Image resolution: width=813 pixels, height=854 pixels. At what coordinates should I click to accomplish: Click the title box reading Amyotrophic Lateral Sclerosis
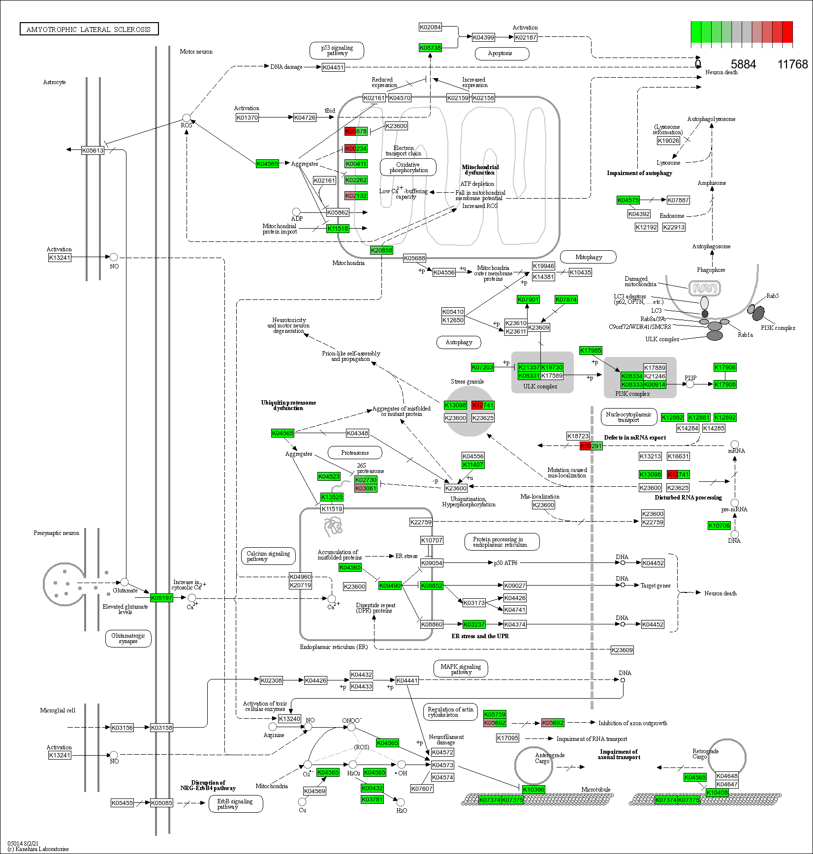pyautogui.click(x=89, y=29)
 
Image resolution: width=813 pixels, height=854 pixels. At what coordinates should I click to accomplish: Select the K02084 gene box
pyautogui.click(x=430, y=27)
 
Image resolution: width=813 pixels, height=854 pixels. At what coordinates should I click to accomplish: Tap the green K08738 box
pyautogui.click(x=430, y=48)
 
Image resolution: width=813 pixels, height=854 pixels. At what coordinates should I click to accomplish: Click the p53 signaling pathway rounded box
pyautogui.click(x=337, y=50)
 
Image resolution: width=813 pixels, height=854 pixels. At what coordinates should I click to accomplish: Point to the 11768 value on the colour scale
pyautogui.click(x=792, y=64)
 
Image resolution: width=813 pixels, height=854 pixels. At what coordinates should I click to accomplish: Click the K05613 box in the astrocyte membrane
pyautogui.click(x=93, y=150)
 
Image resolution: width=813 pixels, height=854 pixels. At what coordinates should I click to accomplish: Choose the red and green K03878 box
pyautogui.click(x=356, y=131)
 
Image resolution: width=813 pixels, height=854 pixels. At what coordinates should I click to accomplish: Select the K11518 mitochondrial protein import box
pyautogui.click(x=338, y=229)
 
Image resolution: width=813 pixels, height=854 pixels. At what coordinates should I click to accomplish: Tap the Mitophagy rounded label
pyautogui.click(x=588, y=257)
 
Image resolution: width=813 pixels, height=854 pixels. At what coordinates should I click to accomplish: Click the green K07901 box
pyautogui.click(x=528, y=299)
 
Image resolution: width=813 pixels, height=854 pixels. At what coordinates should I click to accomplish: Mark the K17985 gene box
pyautogui.click(x=591, y=351)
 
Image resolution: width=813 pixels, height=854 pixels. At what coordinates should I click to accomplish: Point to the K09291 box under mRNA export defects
pyautogui.click(x=591, y=446)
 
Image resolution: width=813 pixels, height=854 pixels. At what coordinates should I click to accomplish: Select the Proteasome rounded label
pyautogui.click(x=355, y=453)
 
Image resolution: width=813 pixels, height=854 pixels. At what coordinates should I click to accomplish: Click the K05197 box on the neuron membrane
pyautogui.click(x=161, y=598)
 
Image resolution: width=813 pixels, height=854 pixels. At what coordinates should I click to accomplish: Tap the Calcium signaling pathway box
pyautogui.click(x=268, y=556)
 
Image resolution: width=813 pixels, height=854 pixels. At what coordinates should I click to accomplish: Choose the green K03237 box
pyautogui.click(x=474, y=624)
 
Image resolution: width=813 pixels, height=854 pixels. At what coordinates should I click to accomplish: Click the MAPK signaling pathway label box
pyautogui.click(x=461, y=669)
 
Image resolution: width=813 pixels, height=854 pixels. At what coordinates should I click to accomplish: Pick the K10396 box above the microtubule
pyautogui.click(x=533, y=790)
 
